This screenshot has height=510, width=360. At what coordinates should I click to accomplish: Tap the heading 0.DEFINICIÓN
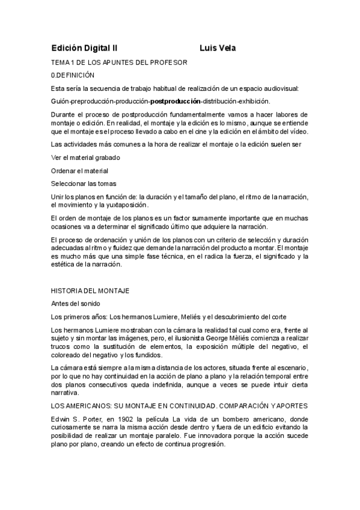74,75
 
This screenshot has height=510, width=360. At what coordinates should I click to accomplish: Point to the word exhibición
252,101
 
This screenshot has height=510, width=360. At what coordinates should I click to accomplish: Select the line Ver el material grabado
85,158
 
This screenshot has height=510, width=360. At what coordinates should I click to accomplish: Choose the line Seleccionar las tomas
84,184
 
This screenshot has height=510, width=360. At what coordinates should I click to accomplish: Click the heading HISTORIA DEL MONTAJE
90,290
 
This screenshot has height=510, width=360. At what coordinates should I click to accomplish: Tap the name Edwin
61,419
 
